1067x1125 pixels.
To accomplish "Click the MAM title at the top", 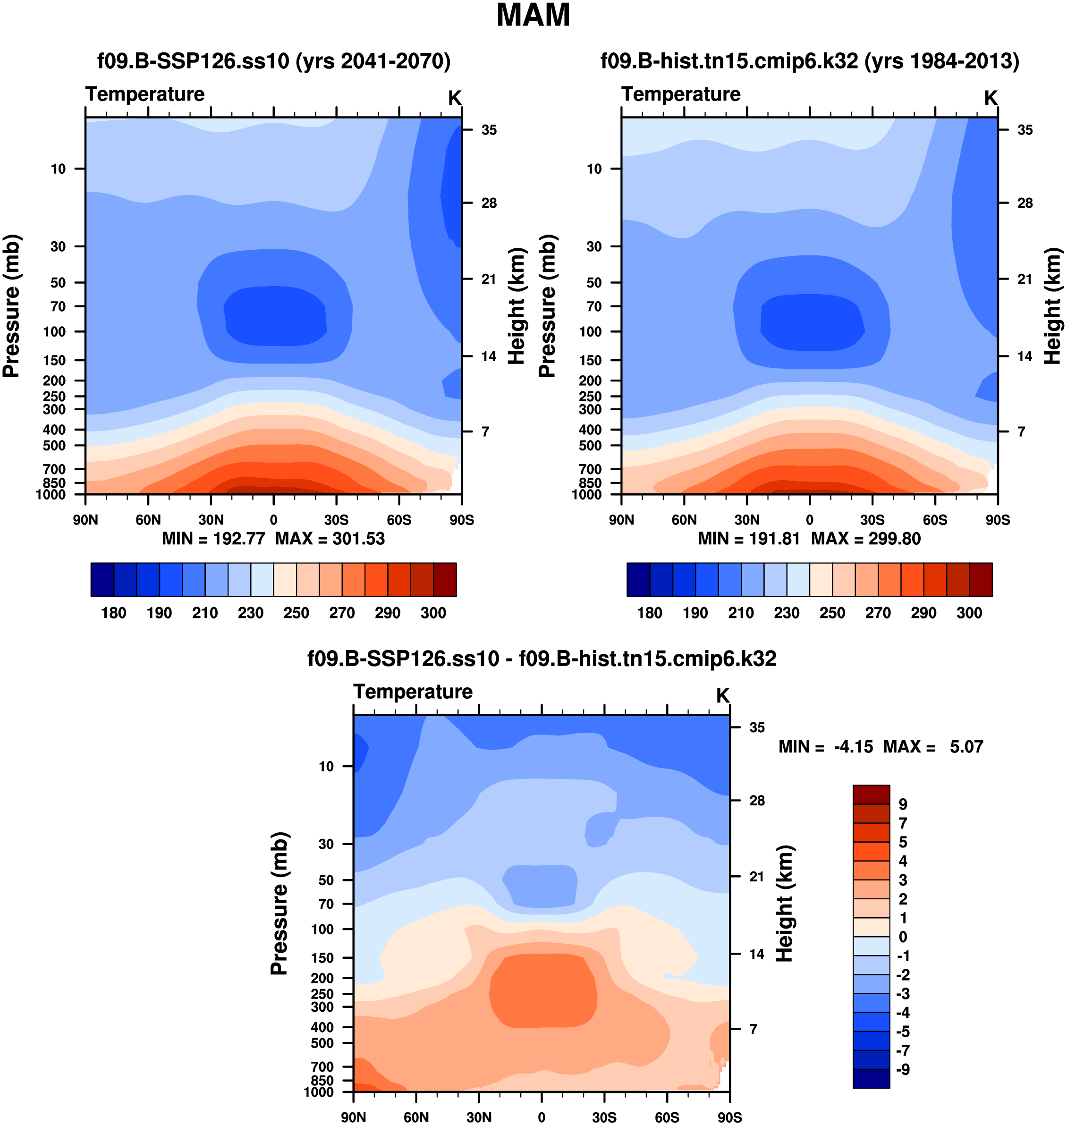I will tap(533, 16).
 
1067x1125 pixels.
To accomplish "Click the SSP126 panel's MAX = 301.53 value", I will tap(330, 539).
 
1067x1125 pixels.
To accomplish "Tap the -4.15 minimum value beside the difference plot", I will tap(853, 747).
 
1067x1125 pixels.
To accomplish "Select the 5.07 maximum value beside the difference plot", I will tap(966, 747).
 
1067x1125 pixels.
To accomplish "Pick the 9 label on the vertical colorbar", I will tap(903, 804).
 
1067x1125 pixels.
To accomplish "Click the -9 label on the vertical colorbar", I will tap(903, 1069).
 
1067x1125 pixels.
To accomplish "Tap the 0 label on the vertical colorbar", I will tap(903, 937).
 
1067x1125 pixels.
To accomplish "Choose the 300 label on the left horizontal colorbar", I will tap(433, 613).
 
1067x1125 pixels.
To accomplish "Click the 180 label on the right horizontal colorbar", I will tap(650, 613).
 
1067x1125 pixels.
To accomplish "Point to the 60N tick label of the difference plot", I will tap(416, 1117).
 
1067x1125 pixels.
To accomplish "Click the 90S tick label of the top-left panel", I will tap(461, 520).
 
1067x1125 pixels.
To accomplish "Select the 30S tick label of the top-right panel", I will tap(872, 520).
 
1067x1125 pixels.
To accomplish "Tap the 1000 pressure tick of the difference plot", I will tap(319, 1092).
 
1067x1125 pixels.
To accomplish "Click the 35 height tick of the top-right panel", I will tap(1025, 130).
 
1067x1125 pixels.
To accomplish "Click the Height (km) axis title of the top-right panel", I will tap(1053, 306).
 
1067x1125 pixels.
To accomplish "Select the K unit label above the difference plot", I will tap(722, 695).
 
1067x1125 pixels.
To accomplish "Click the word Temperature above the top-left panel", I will tap(145, 94).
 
